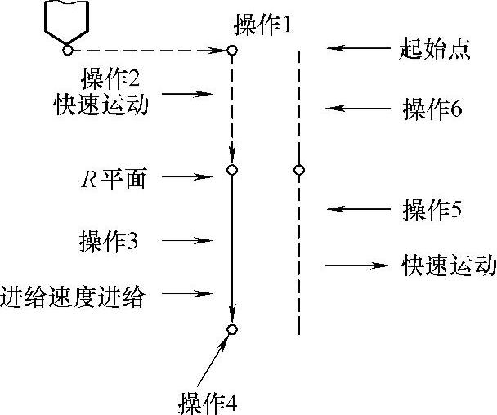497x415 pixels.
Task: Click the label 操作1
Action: (x=262, y=27)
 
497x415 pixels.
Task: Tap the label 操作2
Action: (x=111, y=79)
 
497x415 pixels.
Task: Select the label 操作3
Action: (x=109, y=241)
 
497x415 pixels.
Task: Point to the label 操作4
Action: (x=208, y=403)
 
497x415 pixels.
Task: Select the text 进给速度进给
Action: (x=73, y=296)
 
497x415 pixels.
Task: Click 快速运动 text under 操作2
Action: (x=112, y=105)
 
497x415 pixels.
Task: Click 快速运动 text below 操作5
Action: (x=449, y=266)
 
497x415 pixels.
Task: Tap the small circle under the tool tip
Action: (x=68, y=51)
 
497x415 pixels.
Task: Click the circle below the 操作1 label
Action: (x=232, y=51)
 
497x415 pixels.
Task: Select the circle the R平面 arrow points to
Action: (x=232, y=170)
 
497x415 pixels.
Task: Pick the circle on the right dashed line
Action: (x=299, y=170)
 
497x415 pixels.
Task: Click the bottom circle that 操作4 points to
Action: (x=232, y=329)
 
